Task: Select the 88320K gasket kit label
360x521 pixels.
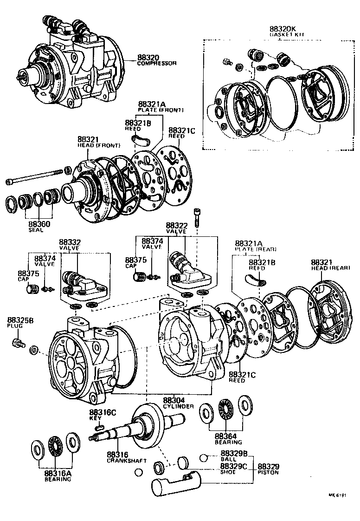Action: [283, 28]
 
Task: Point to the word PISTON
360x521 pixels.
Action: [269, 472]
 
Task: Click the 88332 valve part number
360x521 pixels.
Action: [70, 242]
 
